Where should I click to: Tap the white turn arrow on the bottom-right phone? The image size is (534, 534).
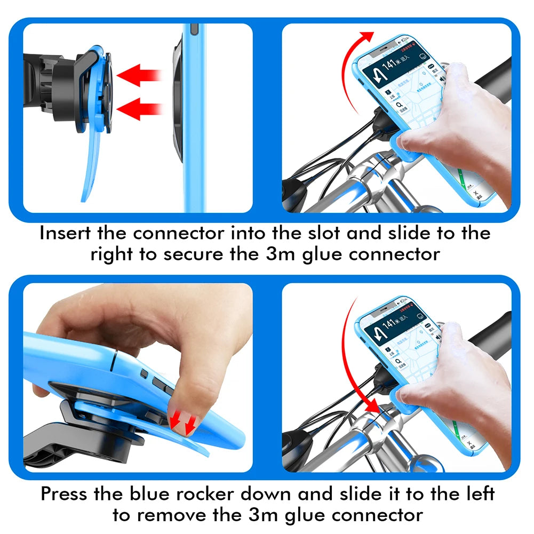click(x=380, y=333)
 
